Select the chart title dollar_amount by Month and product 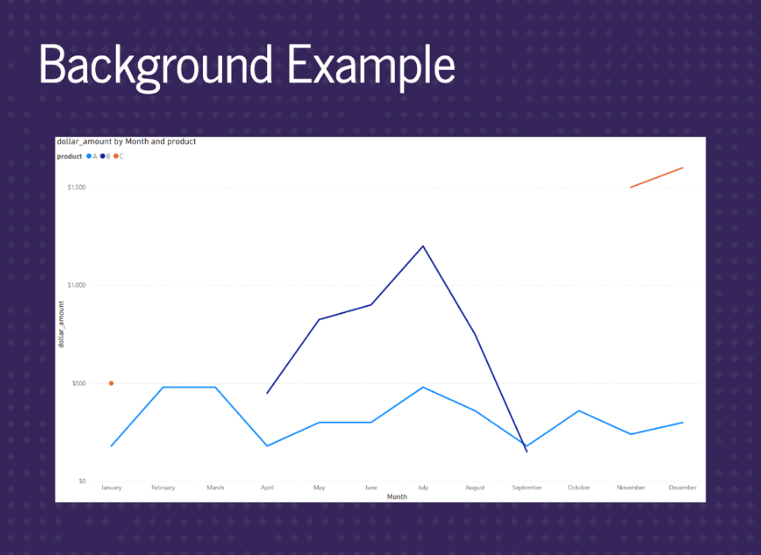(x=126, y=142)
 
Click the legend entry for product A (x=92, y=156)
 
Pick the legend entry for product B (x=105, y=156)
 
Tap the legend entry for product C (x=119, y=156)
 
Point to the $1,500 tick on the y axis (x=77, y=187)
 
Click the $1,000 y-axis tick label (x=77, y=285)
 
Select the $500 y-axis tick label (x=79, y=384)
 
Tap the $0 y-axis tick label (x=82, y=481)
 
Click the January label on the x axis (x=111, y=488)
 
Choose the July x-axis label (x=423, y=488)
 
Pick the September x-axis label (x=527, y=488)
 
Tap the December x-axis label (x=683, y=488)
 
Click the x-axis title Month (x=397, y=497)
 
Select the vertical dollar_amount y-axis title (x=61, y=324)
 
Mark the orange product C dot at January (x=111, y=384)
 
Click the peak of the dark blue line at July (x=423, y=246)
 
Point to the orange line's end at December (x=683, y=168)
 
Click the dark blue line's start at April (x=267, y=392)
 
